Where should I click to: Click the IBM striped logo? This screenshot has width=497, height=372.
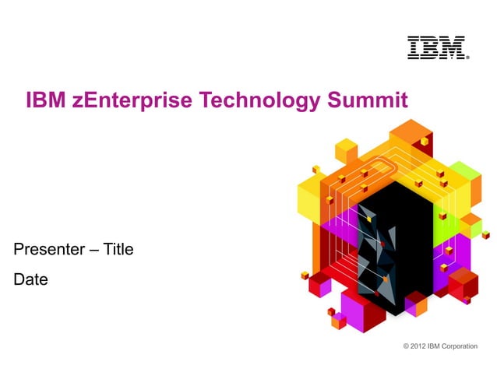click(435, 47)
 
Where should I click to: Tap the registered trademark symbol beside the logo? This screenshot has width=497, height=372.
click(467, 57)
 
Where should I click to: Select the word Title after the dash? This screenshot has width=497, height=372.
click(118, 250)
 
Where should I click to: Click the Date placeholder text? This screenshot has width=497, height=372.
click(30, 279)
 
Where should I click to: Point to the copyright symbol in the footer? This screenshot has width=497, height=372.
click(406, 346)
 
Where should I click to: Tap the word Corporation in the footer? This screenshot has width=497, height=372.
click(460, 346)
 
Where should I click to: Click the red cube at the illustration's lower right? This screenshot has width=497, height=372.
click(463, 283)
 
